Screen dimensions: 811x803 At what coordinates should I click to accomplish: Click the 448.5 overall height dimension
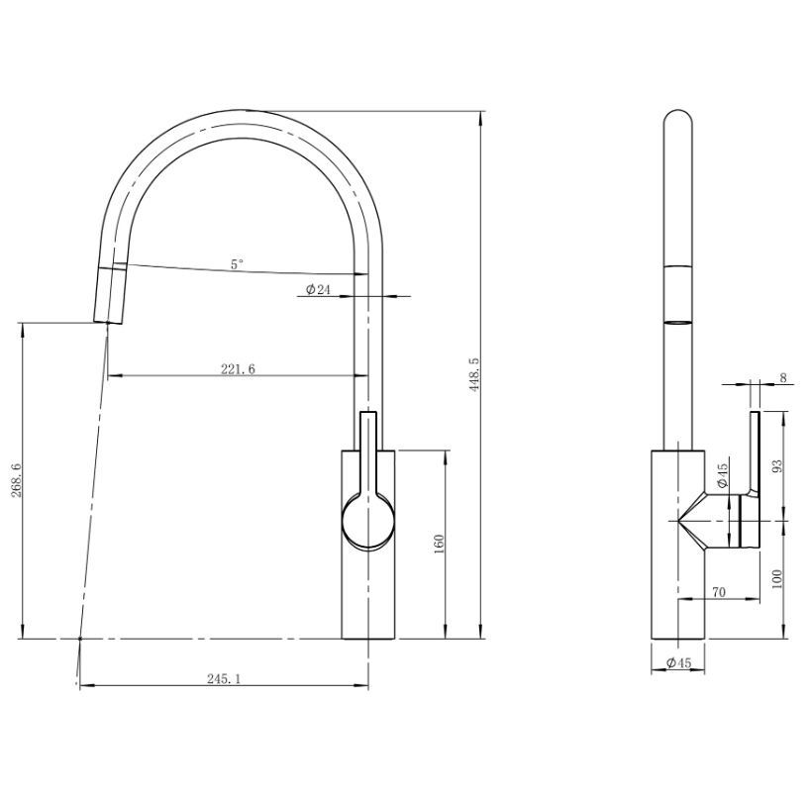tap(474, 374)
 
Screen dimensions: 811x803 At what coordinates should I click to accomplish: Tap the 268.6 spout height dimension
tap(16, 480)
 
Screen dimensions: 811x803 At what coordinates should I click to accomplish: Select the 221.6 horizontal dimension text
tap(238, 368)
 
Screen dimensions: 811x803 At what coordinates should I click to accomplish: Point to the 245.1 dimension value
tap(224, 679)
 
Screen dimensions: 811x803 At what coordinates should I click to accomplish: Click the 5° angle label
tap(237, 264)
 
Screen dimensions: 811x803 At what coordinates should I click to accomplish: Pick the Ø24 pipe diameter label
tap(318, 289)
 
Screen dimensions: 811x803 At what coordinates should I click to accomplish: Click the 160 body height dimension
tap(439, 544)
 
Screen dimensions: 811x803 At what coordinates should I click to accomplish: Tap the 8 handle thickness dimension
tap(783, 377)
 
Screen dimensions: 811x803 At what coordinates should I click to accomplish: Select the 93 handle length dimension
tap(777, 466)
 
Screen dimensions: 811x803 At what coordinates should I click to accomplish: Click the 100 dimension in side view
tap(777, 579)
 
